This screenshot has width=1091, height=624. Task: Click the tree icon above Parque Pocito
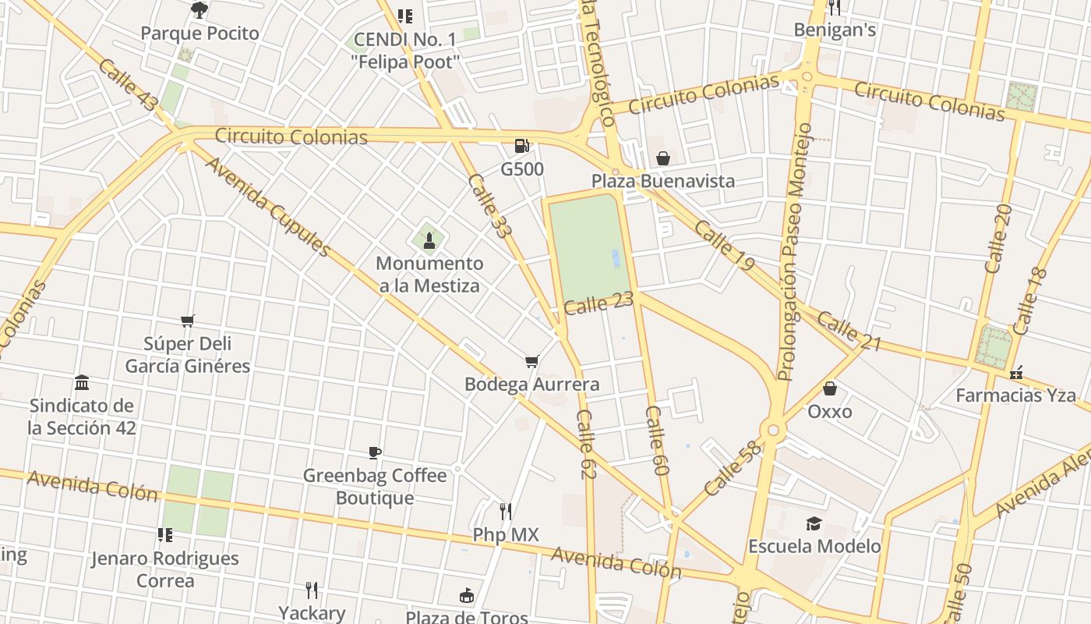[x=199, y=9]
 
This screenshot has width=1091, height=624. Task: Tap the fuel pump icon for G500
[x=522, y=146]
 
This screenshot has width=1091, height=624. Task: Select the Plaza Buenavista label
[x=662, y=181]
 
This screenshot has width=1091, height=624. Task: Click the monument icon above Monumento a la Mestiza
[x=429, y=239]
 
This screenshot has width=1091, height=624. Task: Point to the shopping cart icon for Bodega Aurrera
[x=531, y=361]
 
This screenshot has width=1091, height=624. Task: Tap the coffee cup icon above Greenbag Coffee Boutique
[x=375, y=452]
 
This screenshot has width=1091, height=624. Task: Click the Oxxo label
[x=830, y=411]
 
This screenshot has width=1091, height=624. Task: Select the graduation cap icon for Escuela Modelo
[x=814, y=523]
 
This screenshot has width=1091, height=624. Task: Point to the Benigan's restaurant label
[x=835, y=30]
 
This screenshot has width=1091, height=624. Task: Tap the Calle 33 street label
[x=488, y=205]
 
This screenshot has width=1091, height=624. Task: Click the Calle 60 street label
[x=658, y=441]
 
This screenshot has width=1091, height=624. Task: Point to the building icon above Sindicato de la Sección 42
[x=82, y=382]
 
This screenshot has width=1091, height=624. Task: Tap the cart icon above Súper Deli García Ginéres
[x=187, y=321]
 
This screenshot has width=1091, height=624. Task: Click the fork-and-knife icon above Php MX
[x=506, y=512]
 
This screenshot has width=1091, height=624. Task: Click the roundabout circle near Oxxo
[x=773, y=430]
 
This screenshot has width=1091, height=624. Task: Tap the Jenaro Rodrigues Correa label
[x=164, y=569]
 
